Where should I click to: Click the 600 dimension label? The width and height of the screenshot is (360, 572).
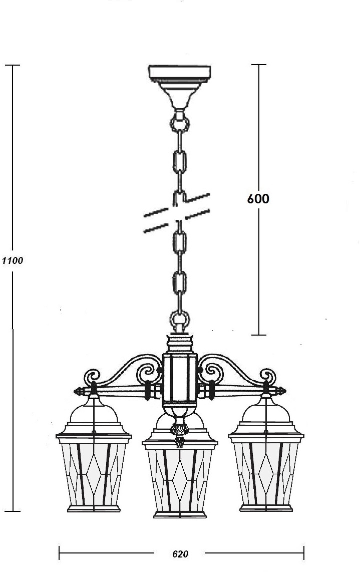coord(258,198)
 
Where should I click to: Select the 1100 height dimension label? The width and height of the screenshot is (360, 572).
coord(12,260)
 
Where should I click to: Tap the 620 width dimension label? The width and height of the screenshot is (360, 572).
coord(180,554)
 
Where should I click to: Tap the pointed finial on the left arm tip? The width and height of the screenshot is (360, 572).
coord(79,390)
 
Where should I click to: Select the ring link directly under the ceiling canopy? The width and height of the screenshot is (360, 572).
coord(180,122)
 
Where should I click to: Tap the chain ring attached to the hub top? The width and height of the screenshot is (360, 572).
coord(180,319)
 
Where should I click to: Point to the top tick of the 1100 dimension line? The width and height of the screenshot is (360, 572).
coord(13,65)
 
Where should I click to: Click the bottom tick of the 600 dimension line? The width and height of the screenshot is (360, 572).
coord(259,335)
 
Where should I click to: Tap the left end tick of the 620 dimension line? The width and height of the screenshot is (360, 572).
coord(60,553)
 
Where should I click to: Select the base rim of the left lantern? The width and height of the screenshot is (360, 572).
coord(94,508)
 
